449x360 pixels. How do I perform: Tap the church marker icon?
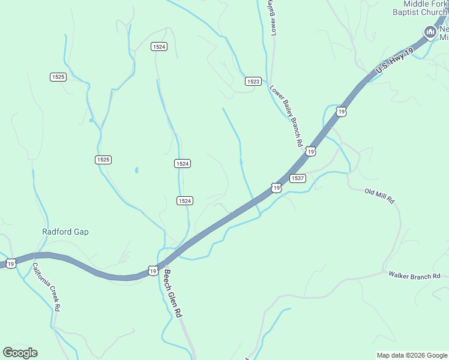tap(430, 32)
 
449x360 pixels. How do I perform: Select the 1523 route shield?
tap(253, 81)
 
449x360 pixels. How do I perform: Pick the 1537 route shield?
tap(298, 178)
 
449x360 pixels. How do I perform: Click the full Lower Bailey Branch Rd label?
tap(285, 116)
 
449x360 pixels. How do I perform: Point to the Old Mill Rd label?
tap(380, 195)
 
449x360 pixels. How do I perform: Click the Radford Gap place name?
tap(65, 232)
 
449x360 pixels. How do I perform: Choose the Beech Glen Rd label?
tap(172, 293)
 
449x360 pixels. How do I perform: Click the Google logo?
tap(20, 353)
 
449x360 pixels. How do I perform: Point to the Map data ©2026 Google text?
tap(412, 355)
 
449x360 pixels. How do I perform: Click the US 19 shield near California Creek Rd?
tap(11, 263)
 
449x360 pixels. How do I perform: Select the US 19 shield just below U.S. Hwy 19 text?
tap(341, 112)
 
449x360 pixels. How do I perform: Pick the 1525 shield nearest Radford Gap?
tap(103, 160)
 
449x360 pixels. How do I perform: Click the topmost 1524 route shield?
tap(159, 47)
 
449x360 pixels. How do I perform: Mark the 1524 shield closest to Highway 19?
tap(185, 200)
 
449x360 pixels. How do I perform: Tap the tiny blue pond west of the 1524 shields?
tap(137, 170)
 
